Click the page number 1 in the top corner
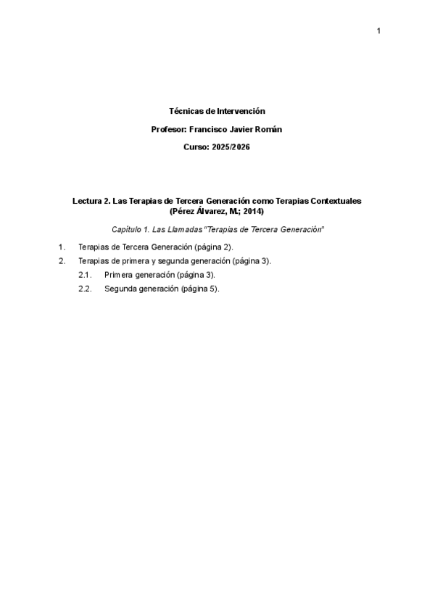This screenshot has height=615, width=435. tap(378, 30)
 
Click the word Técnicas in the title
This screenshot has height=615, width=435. tap(184, 111)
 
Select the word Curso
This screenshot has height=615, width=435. tap(196, 147)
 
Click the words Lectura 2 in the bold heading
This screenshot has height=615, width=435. tap(91, 200)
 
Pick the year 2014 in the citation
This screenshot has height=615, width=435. tap(254, 211)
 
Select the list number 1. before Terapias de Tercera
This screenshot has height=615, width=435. tap(62, 247)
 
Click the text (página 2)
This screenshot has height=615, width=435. tap(209, 247)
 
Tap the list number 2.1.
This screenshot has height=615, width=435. tap(84, 275)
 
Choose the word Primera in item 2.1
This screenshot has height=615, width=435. tap(119, 275)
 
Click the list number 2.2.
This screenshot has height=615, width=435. tap(84, 288)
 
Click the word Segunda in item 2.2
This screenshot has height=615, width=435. tap(120, 288)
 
